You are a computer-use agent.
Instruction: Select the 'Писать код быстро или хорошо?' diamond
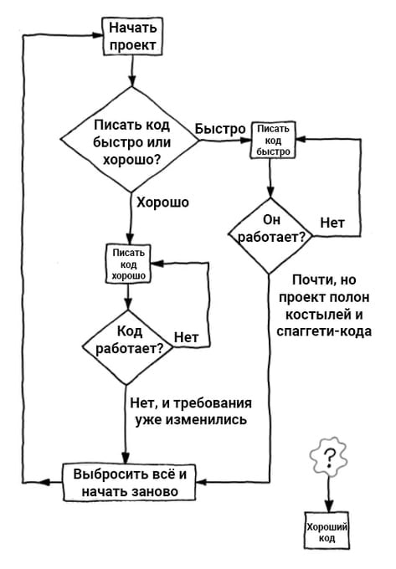coord(130,140)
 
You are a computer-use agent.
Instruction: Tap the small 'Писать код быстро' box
coord(273,140)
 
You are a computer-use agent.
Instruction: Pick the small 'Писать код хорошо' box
coord(128,264)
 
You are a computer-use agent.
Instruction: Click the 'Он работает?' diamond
coord(270,236)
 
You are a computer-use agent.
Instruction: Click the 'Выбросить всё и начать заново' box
coord(130,483)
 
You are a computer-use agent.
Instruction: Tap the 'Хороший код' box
coord(327,531)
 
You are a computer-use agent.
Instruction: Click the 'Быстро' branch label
coord(220,129)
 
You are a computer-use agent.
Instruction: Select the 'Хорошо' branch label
coord(162,202)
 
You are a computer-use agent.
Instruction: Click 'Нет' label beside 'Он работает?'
coord(332,223)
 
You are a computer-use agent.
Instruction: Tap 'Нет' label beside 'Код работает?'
coord(186,337)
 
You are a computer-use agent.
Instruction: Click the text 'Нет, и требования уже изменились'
coord(191,411)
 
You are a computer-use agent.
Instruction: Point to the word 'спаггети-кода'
coord(324,331)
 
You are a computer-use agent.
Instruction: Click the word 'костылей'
coord(314,315)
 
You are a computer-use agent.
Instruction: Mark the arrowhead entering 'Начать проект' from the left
coord(98,35)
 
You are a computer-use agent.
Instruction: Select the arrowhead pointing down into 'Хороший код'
coord(328,505)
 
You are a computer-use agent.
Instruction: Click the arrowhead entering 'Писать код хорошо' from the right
coord(157,264)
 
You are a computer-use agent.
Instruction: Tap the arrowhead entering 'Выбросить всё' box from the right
coord(202,483)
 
